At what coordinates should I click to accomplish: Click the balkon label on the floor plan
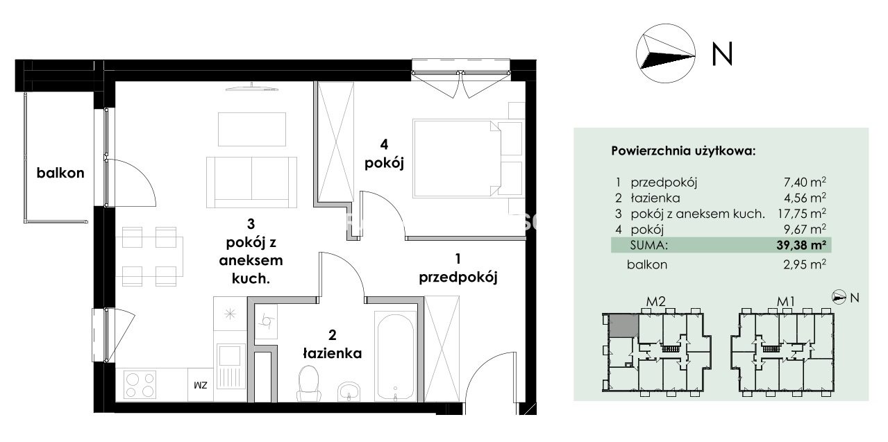(x=60, y=173)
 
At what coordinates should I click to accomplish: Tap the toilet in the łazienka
(x=309, y=384)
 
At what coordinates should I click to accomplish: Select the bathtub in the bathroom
(x=395, y=357)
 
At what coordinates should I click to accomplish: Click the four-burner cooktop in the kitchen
(x=140, y=384)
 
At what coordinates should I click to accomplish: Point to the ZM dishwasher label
(x=201, y=385)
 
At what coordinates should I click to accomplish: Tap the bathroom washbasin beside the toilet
(x=349, y=392)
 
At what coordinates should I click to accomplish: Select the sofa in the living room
(x=252, y=182)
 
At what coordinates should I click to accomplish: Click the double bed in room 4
(x=457, y=158)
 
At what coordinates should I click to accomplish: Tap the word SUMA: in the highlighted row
(x=649, y=245)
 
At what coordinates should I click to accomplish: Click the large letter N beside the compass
(x=722, y=54)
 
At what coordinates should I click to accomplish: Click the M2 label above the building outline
(x=655, y=302)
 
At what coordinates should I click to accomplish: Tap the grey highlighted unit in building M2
(x=623, y=325)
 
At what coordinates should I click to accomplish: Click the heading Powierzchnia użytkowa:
(x=683, y=151)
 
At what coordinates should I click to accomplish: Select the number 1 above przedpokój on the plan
(x=458, y=259)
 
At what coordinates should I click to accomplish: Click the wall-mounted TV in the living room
(x=252, y=88)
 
